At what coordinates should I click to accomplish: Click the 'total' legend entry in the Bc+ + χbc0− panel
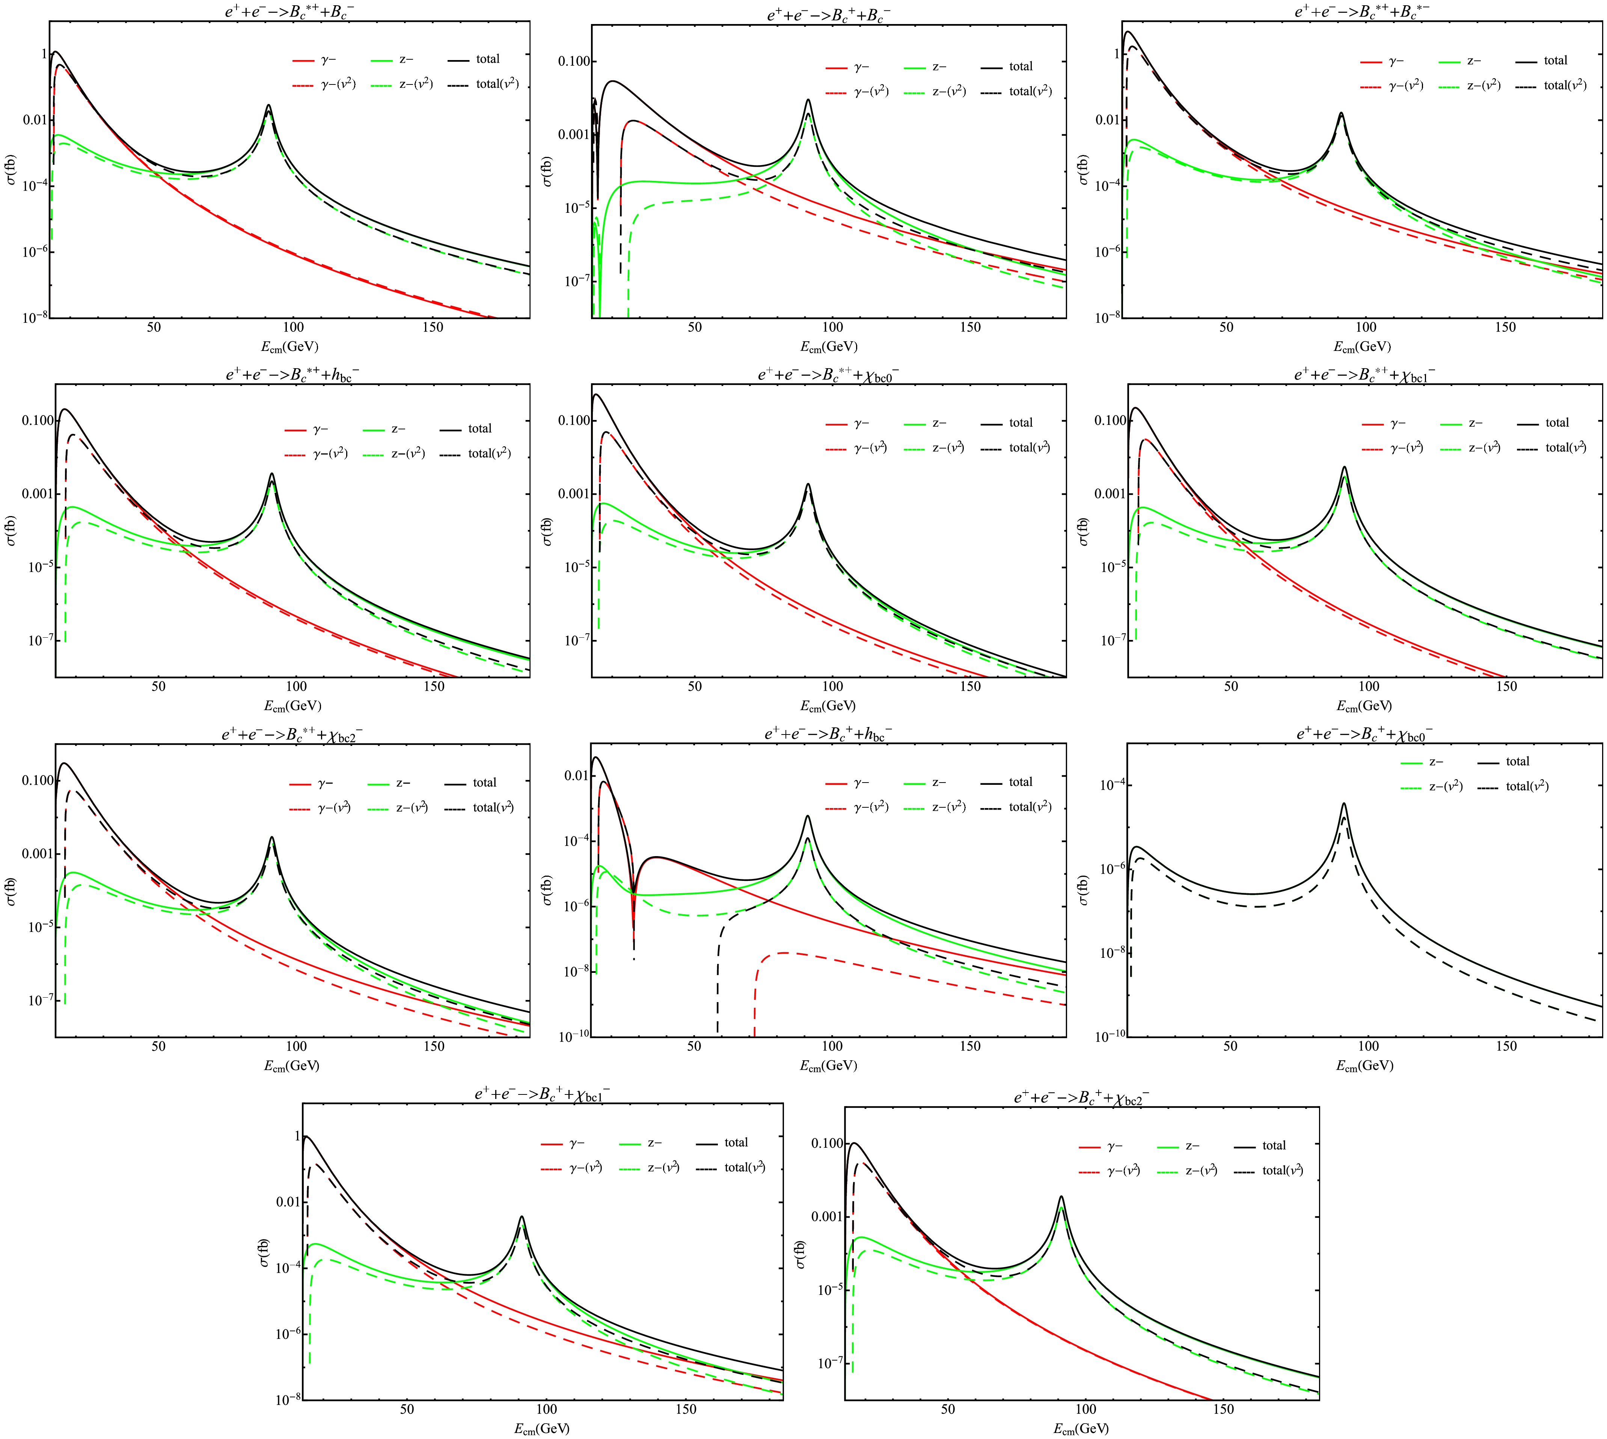point(1517,762)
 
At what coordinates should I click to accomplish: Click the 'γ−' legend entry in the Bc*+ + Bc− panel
point(327,59)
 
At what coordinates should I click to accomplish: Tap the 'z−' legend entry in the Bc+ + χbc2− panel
point(1192,1145)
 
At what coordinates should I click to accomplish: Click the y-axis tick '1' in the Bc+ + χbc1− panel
point(297,1136)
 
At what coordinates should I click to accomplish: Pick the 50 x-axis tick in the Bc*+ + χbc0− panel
point(694,686)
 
